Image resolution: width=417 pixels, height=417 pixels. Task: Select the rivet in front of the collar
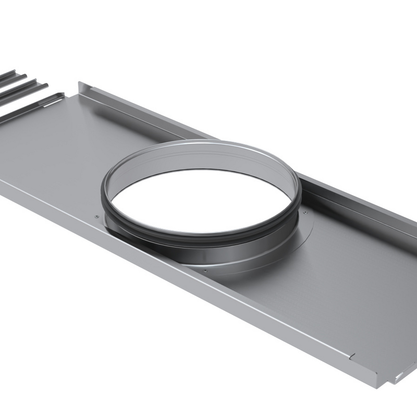[x=205, y=271]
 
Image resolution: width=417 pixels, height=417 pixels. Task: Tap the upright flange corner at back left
[x=80, y=84]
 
